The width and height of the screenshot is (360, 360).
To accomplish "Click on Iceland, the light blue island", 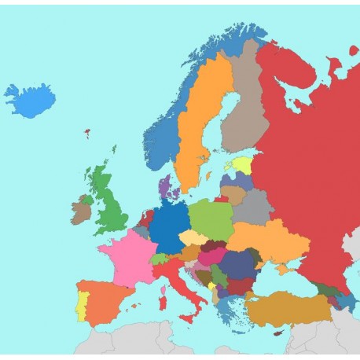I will pyautogui.click(x=29, y=100).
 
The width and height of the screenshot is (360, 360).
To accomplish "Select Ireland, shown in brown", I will pyautogui.click(x=81, y=211).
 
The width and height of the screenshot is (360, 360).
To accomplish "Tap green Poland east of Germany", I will pyautogui.click(x=211, y=218).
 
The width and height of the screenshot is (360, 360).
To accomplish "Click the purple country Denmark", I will pyautogui.click(x=164, y=189).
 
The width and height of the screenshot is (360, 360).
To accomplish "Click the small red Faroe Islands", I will pyautogui.click(x=86, y=133).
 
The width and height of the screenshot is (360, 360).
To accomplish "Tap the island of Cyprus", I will pyautogui.click(x=277, y=333).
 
